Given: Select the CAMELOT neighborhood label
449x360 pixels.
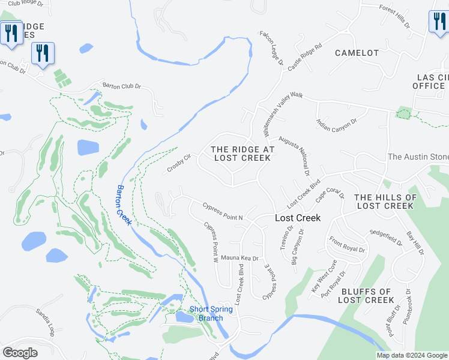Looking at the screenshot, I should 357,53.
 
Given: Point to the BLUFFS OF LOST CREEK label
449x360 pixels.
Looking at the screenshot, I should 366,296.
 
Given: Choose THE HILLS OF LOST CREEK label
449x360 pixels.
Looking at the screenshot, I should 385,202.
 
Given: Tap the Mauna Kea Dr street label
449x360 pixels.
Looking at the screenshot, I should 240,258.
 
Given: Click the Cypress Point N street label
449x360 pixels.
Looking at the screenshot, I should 222,217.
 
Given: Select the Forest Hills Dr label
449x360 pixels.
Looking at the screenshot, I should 394,17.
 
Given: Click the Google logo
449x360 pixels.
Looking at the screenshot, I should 20,353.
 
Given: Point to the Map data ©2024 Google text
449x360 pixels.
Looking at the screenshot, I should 412,355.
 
